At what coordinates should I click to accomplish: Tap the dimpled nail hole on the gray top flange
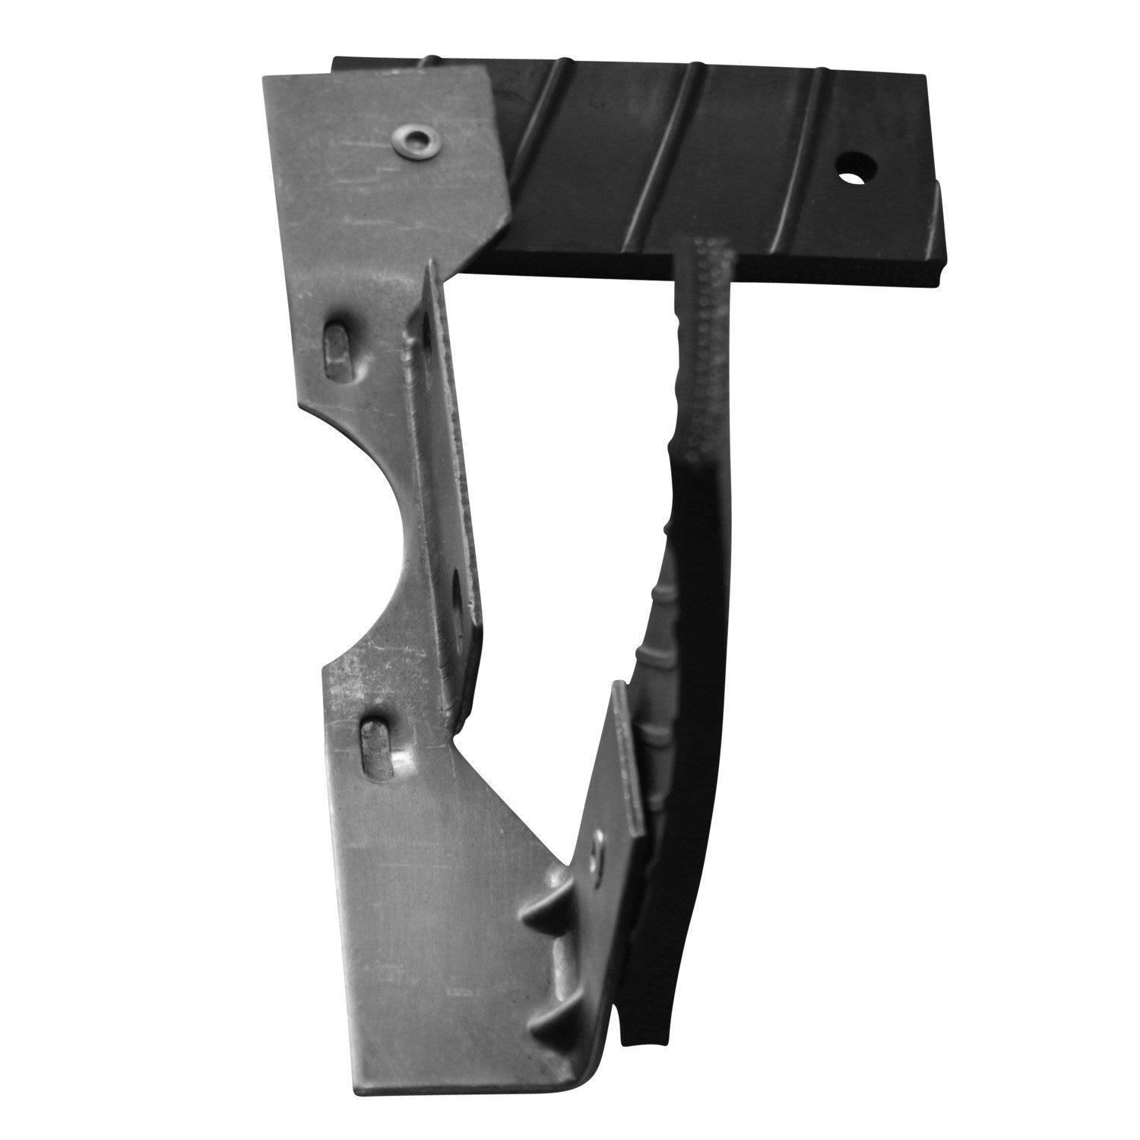pyautogui.click(x=416, y=138)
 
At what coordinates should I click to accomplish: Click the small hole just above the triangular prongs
pyautogui.click(x=595, y=854)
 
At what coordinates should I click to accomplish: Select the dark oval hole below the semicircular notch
pyautogui.click(x=460, y=600)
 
